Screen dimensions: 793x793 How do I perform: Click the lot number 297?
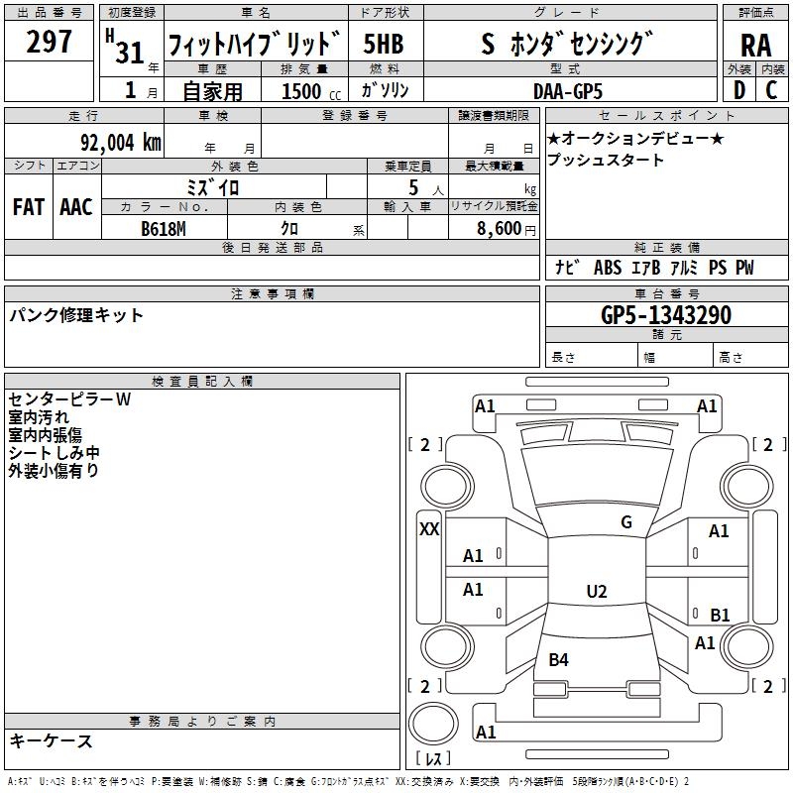[49, 42]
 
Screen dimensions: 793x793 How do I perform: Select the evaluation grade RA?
[755, 45]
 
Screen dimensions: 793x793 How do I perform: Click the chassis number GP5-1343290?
[666, 315]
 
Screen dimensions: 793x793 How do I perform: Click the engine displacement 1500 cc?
[307, 91]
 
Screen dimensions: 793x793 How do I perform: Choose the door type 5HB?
[383, 44]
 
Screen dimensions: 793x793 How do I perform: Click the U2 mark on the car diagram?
[596, 592]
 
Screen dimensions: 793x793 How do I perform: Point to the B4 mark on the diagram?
[558, 659]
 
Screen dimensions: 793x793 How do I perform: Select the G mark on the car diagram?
[625, 522]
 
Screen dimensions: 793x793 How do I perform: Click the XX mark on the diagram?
[429, 529]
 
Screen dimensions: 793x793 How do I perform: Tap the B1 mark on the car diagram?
[720, 615]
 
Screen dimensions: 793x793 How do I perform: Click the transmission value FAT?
[29, 207]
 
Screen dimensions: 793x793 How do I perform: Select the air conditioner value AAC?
[76, 207]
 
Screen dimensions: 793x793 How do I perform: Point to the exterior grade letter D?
[738, 90]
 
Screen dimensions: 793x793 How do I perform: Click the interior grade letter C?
[770, 90]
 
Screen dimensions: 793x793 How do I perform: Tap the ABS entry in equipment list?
[607, 268]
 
